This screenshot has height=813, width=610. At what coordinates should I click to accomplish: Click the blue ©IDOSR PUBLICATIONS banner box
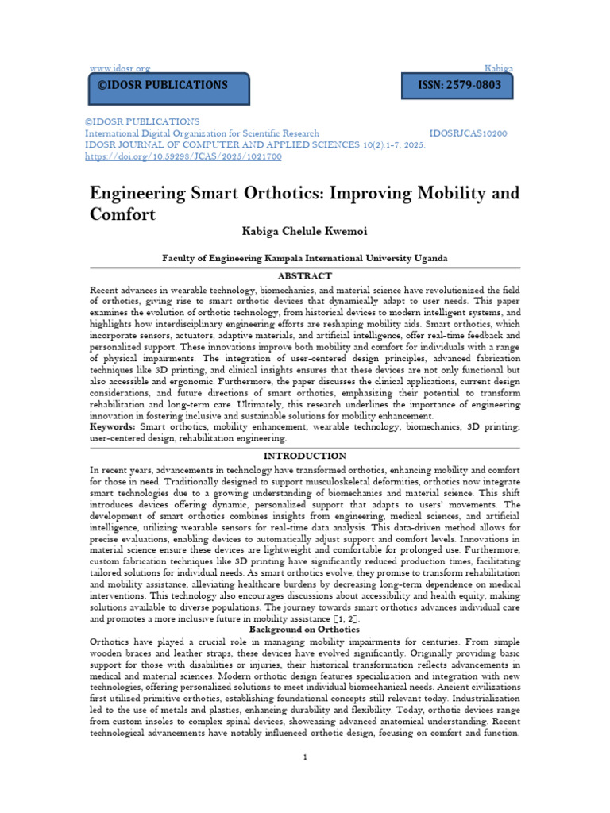168,86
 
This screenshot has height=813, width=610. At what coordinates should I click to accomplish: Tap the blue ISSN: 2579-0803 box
460,86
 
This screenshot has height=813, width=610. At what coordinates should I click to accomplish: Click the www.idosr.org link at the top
118,69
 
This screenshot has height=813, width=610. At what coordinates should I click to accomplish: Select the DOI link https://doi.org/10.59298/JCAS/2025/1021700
183,156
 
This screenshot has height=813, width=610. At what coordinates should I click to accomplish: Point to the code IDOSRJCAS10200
468,133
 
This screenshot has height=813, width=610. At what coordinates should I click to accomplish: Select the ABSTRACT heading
304,275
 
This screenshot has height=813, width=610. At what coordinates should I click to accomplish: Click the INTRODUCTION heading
304,456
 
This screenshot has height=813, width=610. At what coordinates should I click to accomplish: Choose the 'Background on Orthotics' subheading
304,630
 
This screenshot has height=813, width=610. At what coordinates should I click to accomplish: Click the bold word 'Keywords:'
113,426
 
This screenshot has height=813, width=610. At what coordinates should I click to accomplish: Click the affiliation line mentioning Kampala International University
305,258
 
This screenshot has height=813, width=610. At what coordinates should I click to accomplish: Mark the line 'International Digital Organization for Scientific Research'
202,133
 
